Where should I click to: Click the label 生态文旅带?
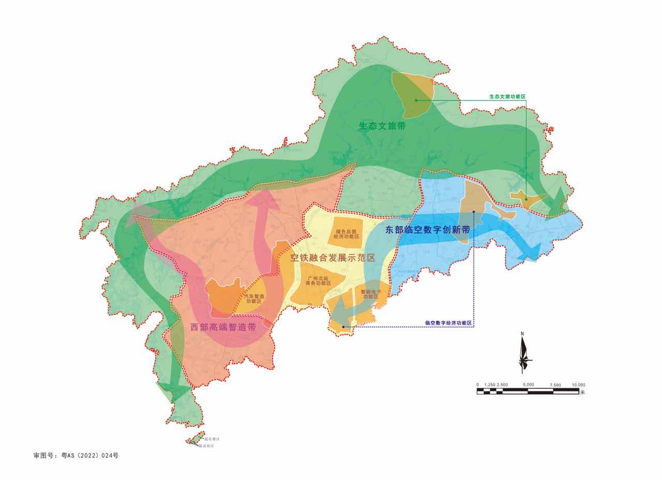point(382,126)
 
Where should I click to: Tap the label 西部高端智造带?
point(223,327)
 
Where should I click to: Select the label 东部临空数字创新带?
point(428,230)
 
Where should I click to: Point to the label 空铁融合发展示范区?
point(333,257)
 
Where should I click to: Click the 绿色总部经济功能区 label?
point(347,234)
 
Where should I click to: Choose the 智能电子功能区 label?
point(371,294)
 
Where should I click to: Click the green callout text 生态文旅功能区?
point(507,97)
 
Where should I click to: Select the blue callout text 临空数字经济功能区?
point(449,323)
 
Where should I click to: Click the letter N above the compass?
point(522,333)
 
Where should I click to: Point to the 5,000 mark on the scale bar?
point(528,385)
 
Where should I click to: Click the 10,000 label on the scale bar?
point(578,385)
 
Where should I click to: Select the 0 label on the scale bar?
point(478,385)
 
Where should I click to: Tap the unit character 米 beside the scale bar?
point(582,392)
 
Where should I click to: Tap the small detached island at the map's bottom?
point(195,440)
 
